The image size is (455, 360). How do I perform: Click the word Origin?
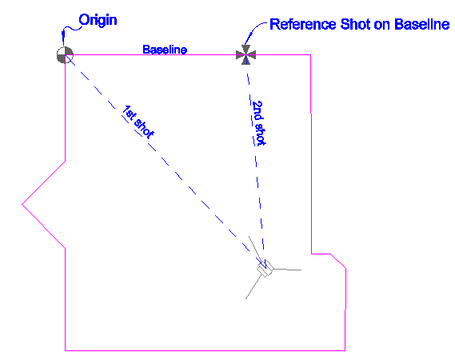pos(98,20)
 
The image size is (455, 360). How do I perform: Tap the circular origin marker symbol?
pos(65,55)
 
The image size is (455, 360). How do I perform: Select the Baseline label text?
pos(165,50)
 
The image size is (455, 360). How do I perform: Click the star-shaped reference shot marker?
pos(245,54)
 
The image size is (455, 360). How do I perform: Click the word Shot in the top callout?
pos(356,24)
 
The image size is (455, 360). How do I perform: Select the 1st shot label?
pos(138,122)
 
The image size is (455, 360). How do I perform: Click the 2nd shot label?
pos(258,123)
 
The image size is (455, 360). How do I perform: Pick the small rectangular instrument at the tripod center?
pos(265,269)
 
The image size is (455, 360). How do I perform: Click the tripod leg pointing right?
pos(287,270)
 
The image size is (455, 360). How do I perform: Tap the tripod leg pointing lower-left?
pos(254,287)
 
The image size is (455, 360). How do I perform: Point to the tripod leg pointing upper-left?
pos(255,249)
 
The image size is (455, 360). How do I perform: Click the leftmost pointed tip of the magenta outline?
pos(22,204)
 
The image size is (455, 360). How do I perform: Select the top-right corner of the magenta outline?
pos(311,54)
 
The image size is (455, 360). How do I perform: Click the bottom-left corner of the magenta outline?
pos(65,350)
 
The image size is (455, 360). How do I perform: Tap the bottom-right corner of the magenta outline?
pos(345,350)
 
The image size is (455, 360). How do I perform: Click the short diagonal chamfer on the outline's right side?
pos(338,261)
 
